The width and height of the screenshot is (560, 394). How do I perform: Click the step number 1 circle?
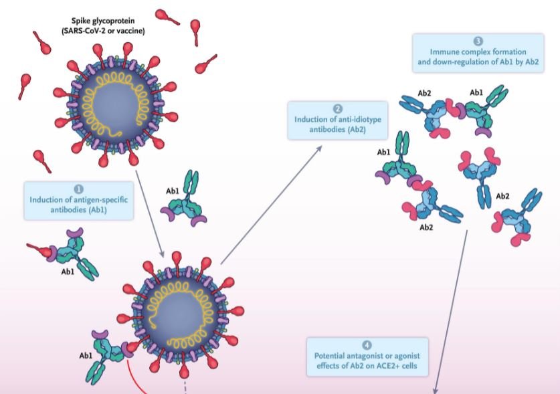pos(79,189)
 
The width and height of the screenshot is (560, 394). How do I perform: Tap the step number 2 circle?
pos(339,108)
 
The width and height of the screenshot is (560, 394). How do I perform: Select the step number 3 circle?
pos(478,41)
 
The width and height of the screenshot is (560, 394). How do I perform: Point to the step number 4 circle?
pos(367,344)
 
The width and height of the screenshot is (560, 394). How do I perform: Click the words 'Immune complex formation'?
pos(478,52)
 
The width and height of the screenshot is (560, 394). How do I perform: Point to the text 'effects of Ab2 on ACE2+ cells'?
pos(367,366)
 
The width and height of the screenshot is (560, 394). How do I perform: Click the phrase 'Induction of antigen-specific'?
pos(79,199)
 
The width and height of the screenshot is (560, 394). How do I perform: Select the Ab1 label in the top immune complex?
pos(477,92)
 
